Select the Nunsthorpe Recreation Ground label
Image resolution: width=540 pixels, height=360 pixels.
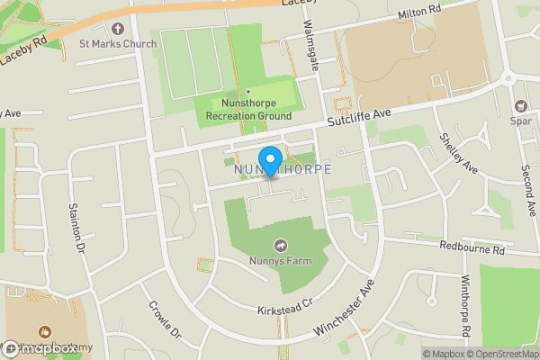(247, 110)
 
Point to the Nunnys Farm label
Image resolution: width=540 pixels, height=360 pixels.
(280, 262)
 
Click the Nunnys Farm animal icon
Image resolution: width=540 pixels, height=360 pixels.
(280, 246)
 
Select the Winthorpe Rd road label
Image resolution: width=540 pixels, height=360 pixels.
(467, 306)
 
